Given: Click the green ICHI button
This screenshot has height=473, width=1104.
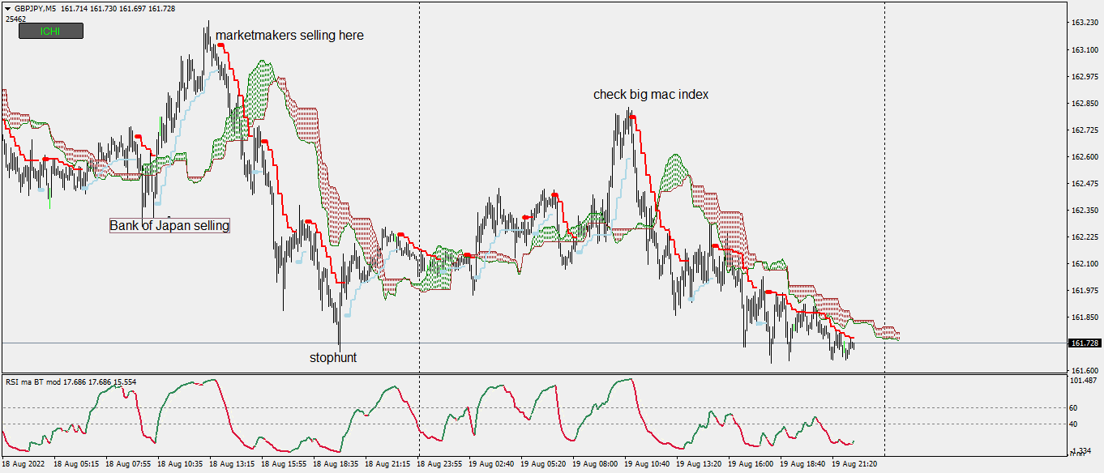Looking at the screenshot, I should (x=50, y=32).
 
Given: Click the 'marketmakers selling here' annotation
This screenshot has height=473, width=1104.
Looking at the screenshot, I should (x=289, y=36).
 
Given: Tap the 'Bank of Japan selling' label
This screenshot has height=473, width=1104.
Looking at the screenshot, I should (x=169, y=226).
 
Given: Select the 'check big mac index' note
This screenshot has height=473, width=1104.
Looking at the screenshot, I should (x=651, y=95).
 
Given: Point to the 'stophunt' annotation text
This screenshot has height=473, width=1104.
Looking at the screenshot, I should (x=333, y=357).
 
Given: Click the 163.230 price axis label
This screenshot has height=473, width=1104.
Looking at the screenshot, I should (x=1085, y=23).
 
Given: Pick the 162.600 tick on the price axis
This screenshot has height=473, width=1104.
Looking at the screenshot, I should (x=1085, y=157).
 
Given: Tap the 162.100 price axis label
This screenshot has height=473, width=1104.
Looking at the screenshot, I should (x=1085, y=264).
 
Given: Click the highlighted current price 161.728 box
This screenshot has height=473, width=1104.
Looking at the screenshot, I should (x=1085, y=343).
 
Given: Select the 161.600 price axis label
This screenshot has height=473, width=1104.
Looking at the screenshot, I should (x=1085, y=371).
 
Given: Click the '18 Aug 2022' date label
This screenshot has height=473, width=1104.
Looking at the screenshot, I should (x=24, y=465).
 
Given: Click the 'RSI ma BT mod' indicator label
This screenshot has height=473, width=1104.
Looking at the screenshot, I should (x=37, y=381).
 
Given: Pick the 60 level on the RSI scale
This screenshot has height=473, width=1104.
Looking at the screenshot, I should (x=1075, y=408).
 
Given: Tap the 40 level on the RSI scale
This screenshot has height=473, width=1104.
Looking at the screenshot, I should (x=1075, y=424).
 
